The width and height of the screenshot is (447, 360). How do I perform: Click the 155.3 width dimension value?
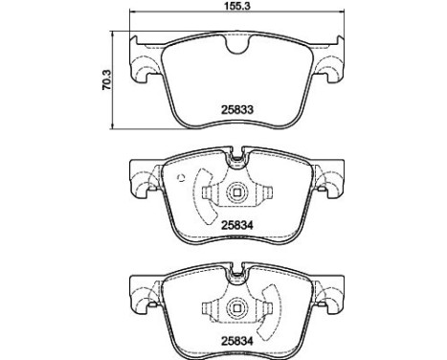(236, 6)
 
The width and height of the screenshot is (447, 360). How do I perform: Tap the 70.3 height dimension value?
(106, 79)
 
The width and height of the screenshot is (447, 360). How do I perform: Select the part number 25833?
(237, 110)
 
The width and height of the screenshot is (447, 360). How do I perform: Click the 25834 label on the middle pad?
(237, 226)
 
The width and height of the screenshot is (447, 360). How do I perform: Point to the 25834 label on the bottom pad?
(237, 341)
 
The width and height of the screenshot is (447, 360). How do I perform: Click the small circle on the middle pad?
(181, 178)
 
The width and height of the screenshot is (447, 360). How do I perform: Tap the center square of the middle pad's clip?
(237, 192)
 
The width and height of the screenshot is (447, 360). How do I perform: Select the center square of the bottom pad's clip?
(237, 307)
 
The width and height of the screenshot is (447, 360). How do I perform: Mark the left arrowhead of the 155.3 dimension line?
(132, 11)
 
